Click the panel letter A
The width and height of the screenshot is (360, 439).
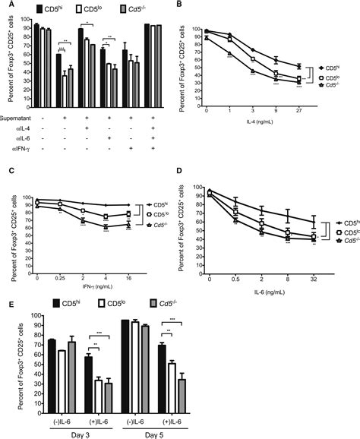(x=5, y=5)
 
